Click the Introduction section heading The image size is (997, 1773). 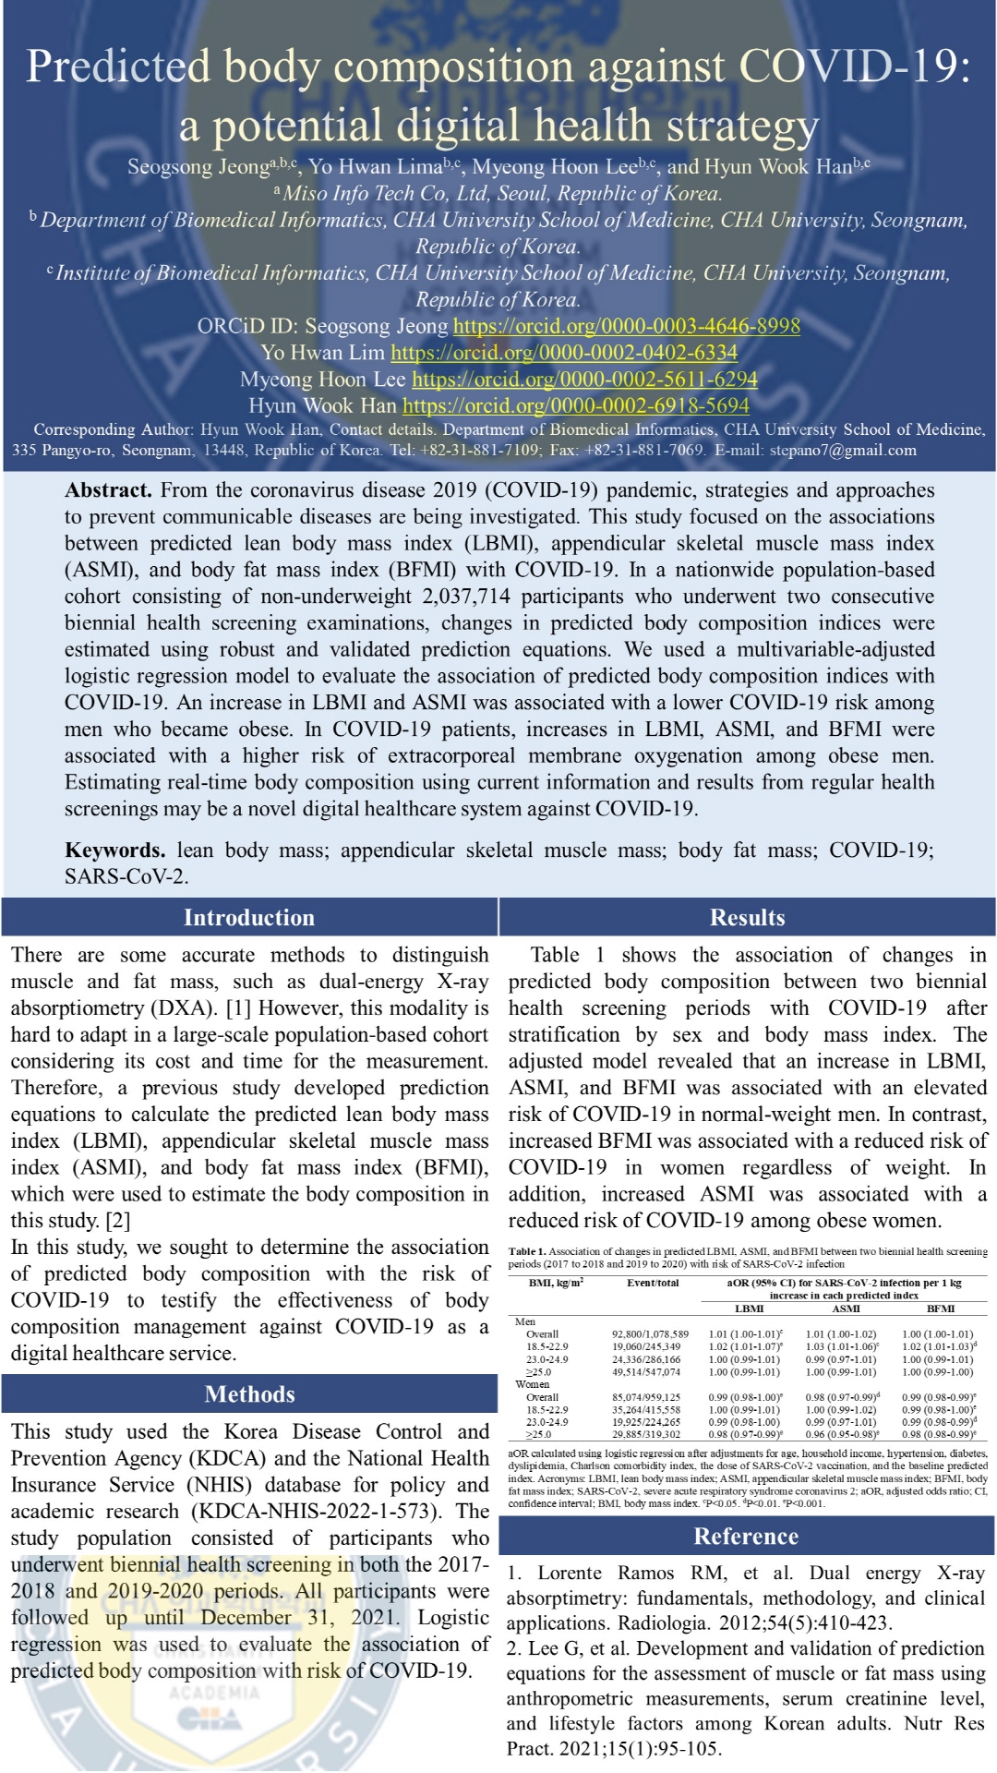(249, 917)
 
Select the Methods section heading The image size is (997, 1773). (249, 1393)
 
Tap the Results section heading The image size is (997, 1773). (747, 917)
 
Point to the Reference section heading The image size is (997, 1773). (746, 1536)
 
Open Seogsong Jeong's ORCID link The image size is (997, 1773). (626, 326)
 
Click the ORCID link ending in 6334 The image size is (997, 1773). (564, 353)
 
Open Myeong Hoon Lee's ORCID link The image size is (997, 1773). (584, 380)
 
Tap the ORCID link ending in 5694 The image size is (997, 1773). (575, 405)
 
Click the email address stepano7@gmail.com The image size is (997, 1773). (843, 451)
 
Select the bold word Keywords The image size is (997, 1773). (114, 850)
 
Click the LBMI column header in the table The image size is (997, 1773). (749, 1309)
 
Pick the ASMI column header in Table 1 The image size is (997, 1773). (846, 1309)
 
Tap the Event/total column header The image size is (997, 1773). (653, 1283)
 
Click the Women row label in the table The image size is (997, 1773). (533, 1384)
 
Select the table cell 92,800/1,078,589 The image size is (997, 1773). (650, 1334)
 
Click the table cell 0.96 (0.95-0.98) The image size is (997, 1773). (842, 1434)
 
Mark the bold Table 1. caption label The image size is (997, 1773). (527, 1252)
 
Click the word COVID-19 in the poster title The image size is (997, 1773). (854, 66)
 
